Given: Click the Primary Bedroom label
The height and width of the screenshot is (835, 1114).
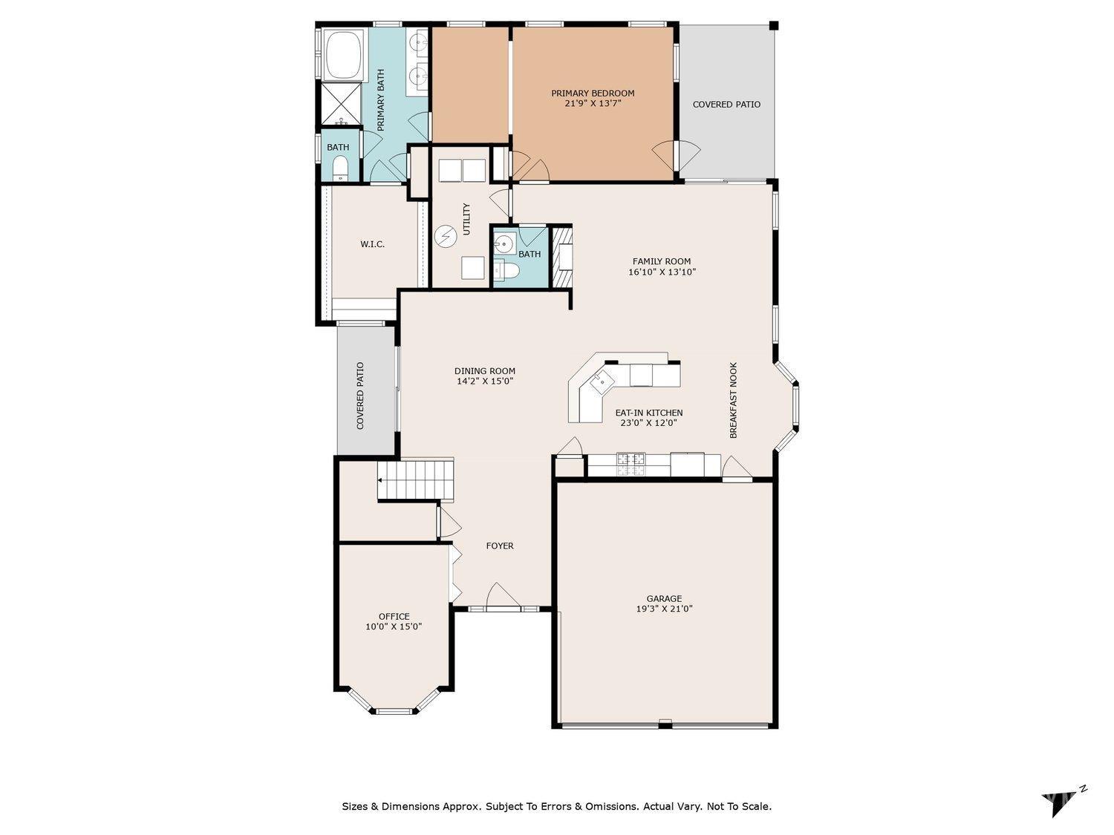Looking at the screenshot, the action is point(592,94).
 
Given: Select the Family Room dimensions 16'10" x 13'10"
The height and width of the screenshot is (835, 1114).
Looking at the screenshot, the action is point(661,272).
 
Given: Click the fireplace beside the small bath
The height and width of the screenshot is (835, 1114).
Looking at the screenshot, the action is point(561,257).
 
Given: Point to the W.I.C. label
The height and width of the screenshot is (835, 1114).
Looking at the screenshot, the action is point(372,244).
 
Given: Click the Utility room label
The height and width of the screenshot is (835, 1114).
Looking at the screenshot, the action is point(467,219).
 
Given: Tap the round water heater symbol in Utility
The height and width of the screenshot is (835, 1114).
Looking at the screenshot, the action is point(446,236).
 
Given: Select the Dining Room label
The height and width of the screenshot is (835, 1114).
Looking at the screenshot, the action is point(485,371).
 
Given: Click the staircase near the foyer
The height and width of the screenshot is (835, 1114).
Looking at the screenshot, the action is point(415,479).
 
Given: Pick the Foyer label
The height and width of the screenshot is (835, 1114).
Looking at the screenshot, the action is point(499,546).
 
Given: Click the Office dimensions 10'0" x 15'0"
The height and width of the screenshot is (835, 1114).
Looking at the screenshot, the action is point(394,626).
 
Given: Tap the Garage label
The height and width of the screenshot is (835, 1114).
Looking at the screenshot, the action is point(664,599).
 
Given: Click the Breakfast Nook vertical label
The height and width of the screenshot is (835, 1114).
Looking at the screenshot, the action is point(733,400).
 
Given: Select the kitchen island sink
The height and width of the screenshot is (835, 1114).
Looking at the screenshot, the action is point(602,382).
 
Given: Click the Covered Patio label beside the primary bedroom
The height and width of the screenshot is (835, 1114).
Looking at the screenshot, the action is point(726,105).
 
